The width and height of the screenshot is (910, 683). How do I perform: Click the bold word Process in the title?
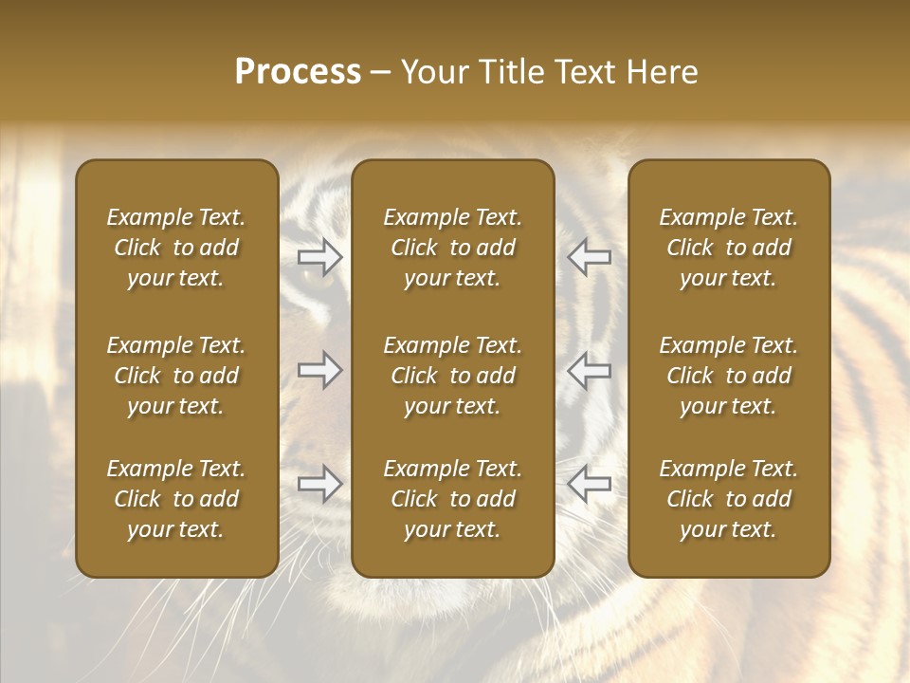298,72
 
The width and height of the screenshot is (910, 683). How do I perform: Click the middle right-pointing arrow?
319,370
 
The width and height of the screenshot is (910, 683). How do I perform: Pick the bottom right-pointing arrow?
319,485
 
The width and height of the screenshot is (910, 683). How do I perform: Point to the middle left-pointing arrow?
590,370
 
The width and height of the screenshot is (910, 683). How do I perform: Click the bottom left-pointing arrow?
590,485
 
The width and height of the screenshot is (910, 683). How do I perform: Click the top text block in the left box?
176,248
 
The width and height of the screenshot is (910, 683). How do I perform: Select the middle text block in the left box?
176,376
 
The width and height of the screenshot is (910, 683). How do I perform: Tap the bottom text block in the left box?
176,499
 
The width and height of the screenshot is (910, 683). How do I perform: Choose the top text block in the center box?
452,248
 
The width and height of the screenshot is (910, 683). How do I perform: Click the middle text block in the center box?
452,376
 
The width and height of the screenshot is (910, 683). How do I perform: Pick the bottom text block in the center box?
452,499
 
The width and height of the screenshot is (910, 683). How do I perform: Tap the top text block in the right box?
728,248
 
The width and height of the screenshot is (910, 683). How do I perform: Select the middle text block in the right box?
728,376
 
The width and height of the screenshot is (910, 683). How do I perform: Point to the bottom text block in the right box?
728,499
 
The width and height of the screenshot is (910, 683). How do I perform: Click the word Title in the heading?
512,72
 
